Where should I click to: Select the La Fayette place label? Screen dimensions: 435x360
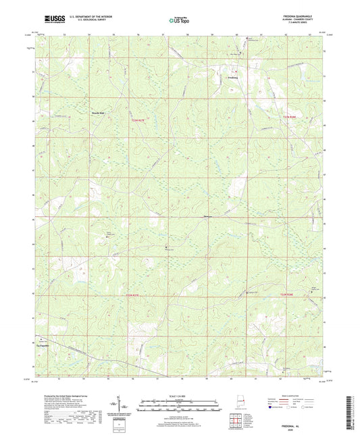(43, 345)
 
